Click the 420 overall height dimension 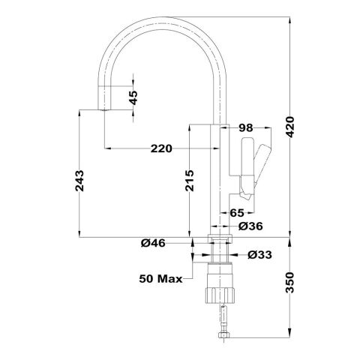pos(291,127)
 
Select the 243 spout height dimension pos(79,181)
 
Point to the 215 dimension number pos(190,181)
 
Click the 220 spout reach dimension pos(161,148)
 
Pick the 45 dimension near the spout pos(134,97)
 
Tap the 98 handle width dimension pos(246,128)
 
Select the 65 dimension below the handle pos(237,213)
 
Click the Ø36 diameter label pos(250,226)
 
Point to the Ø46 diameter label pos(153,243)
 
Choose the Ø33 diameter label pos(259,255)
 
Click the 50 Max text pos(160,279)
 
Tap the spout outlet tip pos(103,109)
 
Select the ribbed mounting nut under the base pos(220,295)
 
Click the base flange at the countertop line pos(220,238)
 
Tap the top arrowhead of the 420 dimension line pos(290,20)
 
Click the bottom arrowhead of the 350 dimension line pos(290,334)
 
